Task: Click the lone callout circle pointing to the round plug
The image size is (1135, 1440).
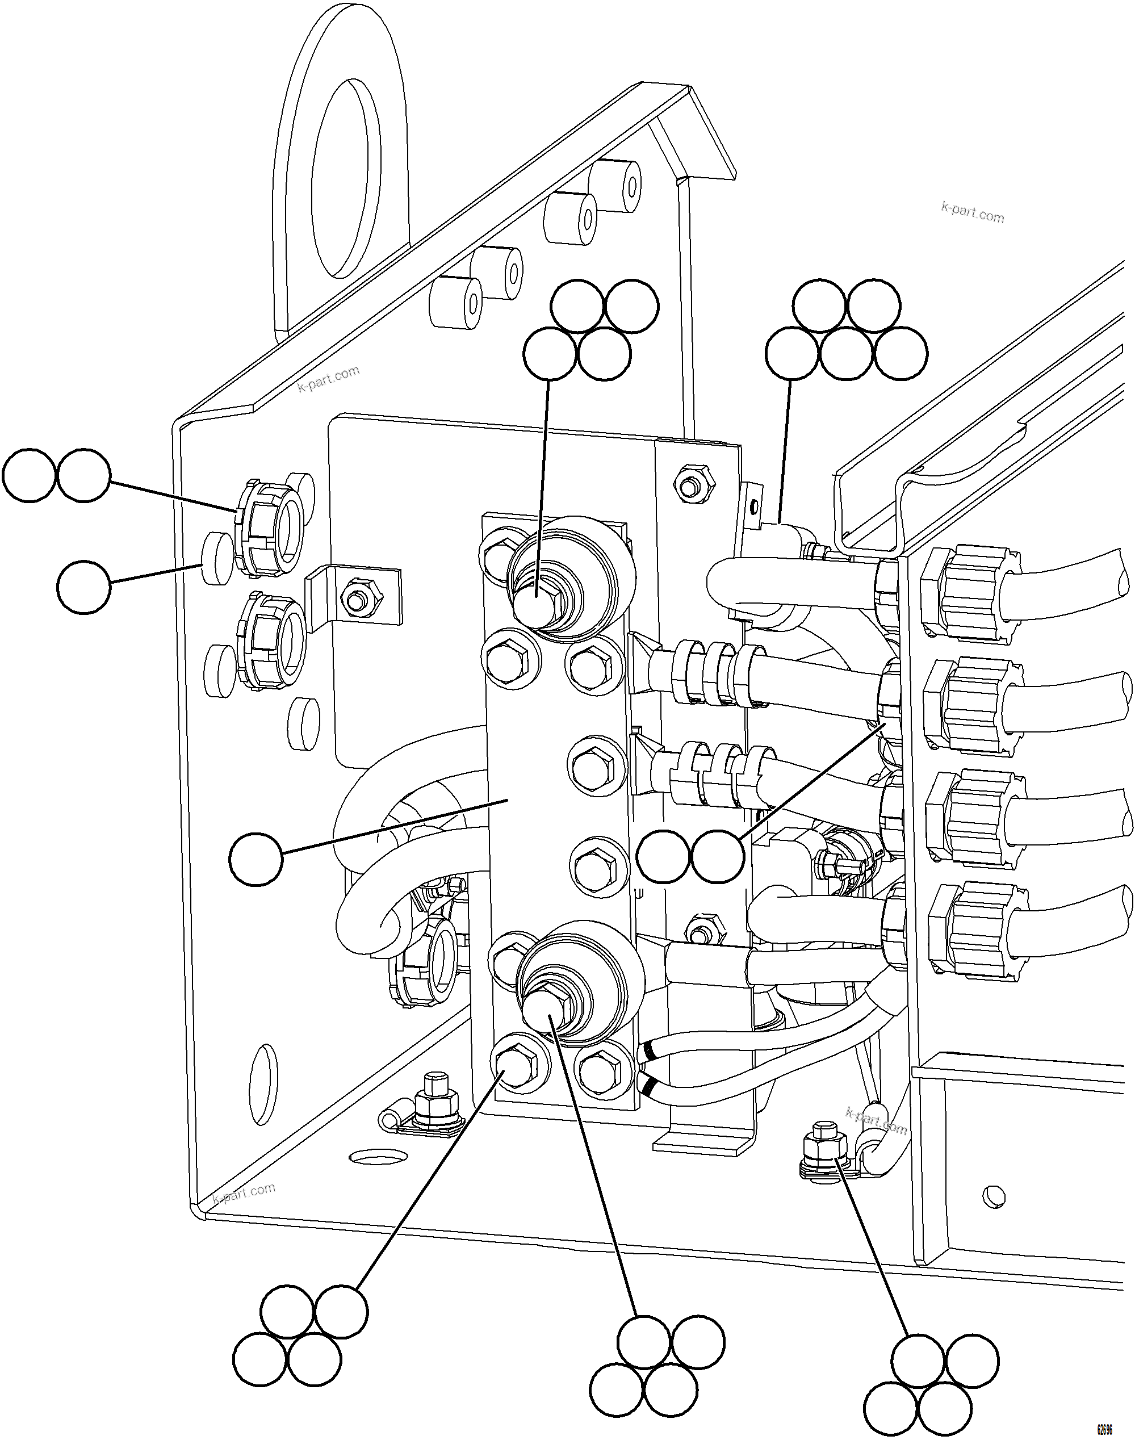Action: [83, 586]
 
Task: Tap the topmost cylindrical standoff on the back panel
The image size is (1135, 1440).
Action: [615, 180]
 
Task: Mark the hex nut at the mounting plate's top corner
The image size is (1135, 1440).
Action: [690, 483]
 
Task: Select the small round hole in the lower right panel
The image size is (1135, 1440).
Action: [994, 1196]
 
